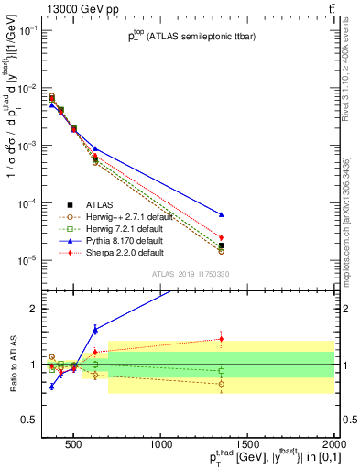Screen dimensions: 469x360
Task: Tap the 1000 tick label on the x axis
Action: click(x=161, y=446)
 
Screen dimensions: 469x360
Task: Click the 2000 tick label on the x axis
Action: click(x=334, y=446)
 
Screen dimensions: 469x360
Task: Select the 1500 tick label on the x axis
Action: click(x=247, y=446)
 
